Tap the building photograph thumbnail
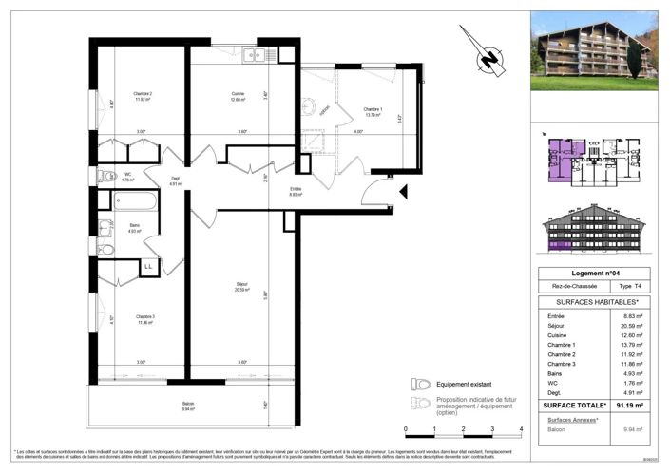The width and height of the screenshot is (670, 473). click(593, 50)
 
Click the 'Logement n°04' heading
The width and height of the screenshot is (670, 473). click(593, 274)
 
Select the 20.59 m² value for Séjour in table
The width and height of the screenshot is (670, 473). click(637, 326)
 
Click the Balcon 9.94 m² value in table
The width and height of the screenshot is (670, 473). click(637, 428)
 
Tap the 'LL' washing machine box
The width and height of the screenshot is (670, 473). click(148, 268)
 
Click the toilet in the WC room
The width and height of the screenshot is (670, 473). click(107, 177)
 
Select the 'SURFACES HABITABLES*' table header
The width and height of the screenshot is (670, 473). click(593, 301)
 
